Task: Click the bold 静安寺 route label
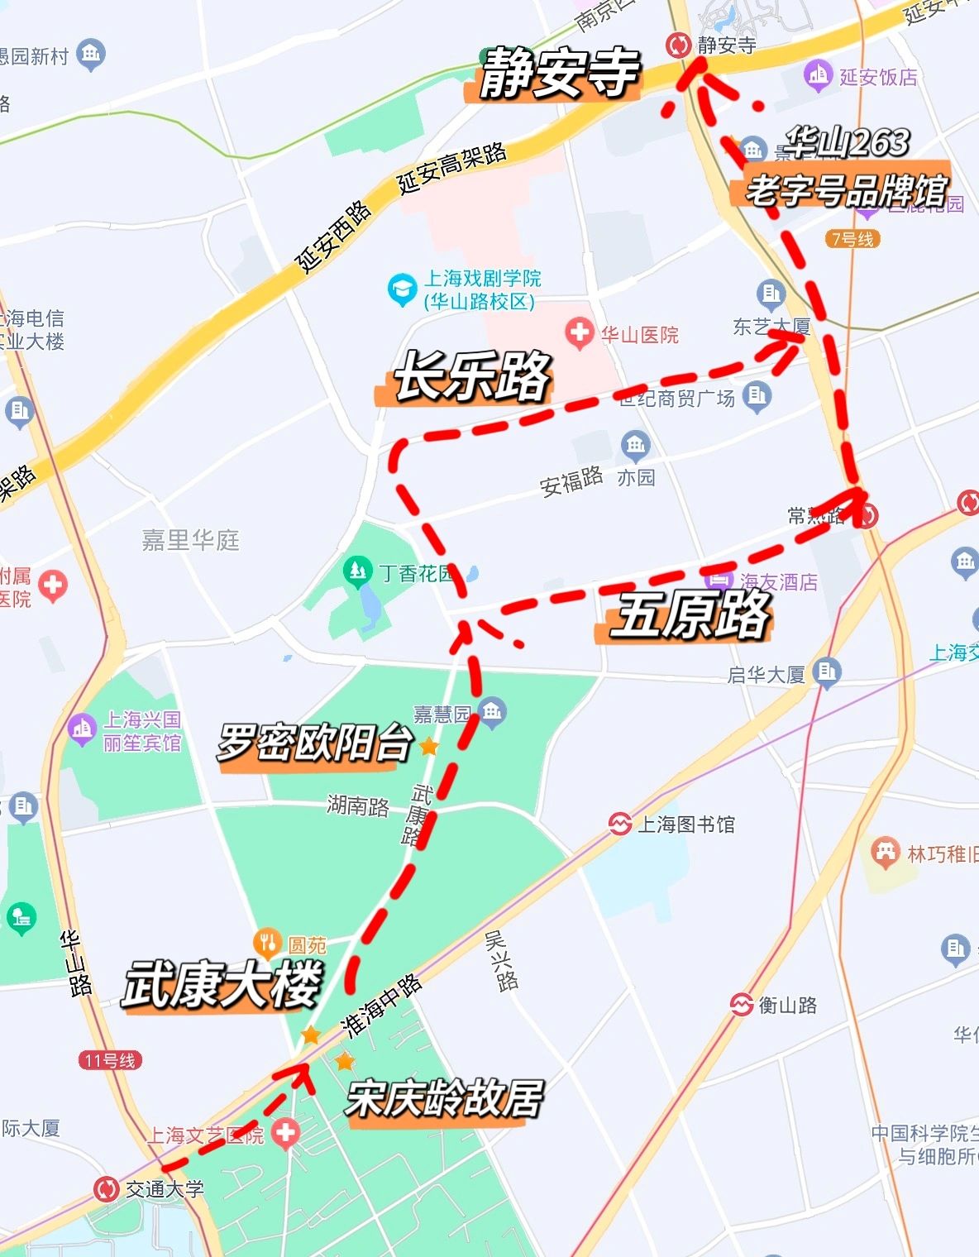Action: tap(559, 74)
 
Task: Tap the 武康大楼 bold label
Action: tap(222, 984)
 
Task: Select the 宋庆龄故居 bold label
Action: tap(444, 1099)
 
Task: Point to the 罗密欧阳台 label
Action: tap(314, 743)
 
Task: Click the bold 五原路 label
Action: tap(689, 616)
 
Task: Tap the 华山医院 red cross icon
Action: tap(579, 333)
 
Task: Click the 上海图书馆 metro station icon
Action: tap(619, 824)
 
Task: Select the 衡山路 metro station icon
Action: tap(741, 1005)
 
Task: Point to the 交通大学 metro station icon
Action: tap(106, 1189)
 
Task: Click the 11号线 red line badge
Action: tap(111, 1060)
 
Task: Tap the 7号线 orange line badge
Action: tap(852, 239)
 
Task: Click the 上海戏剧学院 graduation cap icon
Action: tap(402, 289)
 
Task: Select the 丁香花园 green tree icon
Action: tap(357, 571)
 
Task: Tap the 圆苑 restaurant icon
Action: tap(267, 942)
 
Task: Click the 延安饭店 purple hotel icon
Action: tap(817, 76)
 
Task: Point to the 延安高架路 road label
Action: tap(451, 167)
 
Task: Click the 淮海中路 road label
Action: tap(382, 1005)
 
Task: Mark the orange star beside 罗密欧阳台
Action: tap(428, 747)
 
